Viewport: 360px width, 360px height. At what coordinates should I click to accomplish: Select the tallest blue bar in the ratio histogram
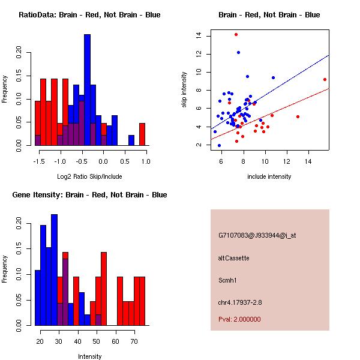(x=87, y=90)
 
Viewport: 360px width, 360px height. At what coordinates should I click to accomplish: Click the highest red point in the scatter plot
(x=236, y=34)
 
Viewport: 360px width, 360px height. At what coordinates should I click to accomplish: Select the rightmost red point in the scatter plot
(x=325, y=79)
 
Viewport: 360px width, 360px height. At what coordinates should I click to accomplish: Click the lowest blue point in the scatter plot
(x=219, y=145)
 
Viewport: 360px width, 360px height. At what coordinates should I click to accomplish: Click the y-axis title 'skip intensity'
(x=185, y=90)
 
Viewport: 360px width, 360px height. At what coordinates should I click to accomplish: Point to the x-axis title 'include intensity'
(x=269, y=176)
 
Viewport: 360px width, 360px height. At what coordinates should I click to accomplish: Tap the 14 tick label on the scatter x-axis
(x=308, y=161)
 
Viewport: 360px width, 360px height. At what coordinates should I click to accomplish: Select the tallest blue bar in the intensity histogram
(x=55, y=269)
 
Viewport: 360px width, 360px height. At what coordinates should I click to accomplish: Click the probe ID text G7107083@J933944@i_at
(x=257, y=235)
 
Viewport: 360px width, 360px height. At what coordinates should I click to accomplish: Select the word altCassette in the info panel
(x=233, y=258)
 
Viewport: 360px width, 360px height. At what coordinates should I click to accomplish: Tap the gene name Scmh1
(x=227, y=280)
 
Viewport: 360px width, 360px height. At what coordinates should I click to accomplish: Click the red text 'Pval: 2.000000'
(x=239, y=319)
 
